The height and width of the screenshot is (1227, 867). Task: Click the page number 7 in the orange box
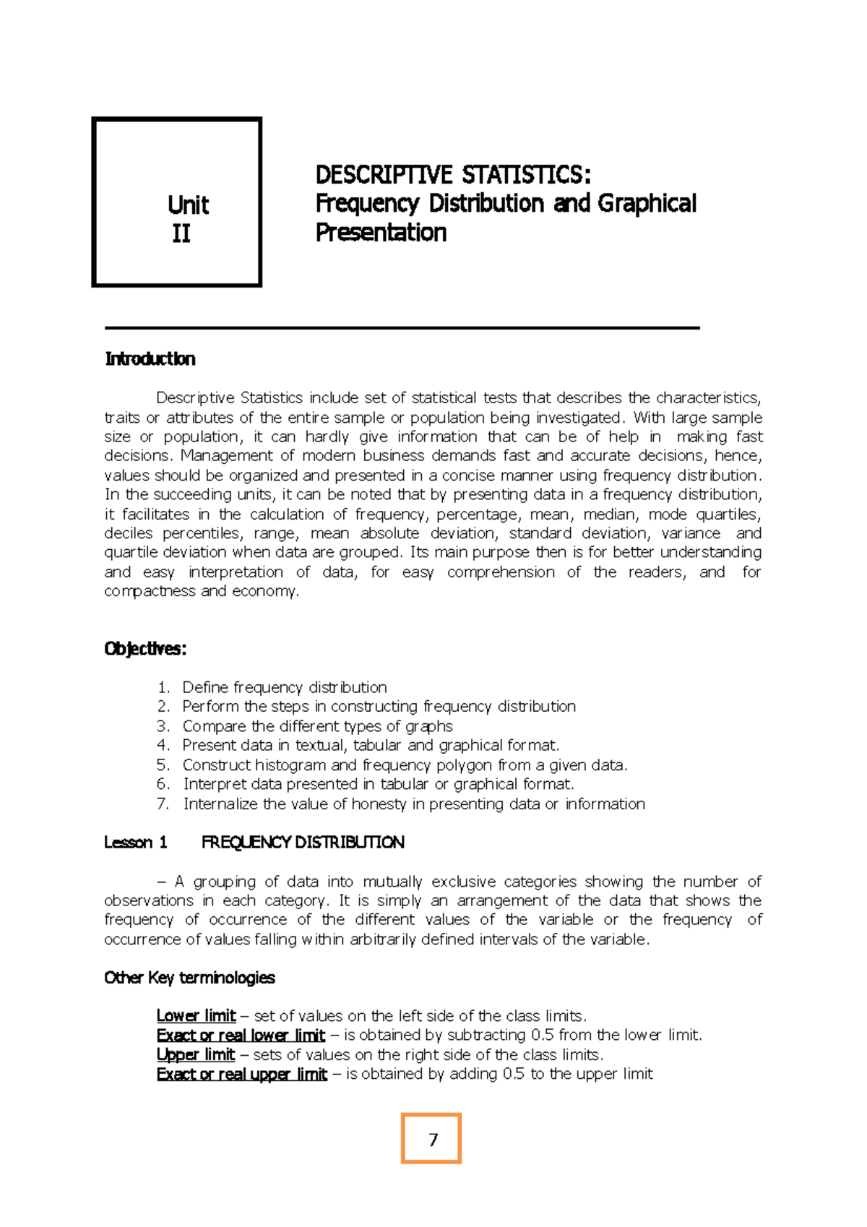433,1140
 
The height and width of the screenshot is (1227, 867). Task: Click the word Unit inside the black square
188,205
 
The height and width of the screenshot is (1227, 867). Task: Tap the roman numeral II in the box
181,233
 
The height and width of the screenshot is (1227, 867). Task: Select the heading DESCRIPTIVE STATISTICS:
453,175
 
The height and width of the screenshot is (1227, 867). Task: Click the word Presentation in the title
381,233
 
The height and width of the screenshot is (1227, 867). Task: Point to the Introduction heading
150,359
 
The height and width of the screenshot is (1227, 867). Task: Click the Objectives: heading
145,649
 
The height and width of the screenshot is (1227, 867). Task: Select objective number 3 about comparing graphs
317,726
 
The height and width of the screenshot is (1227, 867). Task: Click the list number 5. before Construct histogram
163,765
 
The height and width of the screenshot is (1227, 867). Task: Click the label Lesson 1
136,843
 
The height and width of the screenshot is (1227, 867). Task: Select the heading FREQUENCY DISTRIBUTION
303,843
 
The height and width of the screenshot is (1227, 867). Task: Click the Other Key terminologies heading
189,978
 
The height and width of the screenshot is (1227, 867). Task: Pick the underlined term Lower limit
196,1016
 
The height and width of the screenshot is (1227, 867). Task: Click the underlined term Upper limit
196,1054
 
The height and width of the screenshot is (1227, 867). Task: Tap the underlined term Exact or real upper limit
241,1074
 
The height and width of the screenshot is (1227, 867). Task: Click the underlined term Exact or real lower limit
241,1036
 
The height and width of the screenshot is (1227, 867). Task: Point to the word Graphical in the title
647,204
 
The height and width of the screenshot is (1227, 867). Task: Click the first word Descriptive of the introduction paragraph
195,398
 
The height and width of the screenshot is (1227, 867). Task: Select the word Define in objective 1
205,687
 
